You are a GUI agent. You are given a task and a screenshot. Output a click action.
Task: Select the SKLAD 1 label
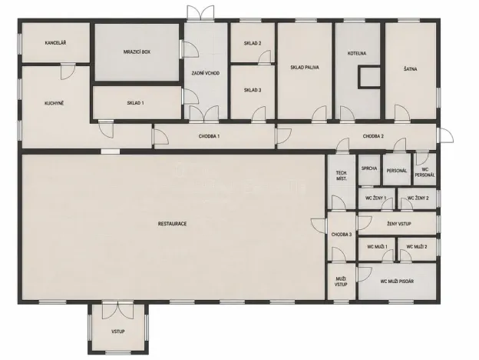pos(135,102)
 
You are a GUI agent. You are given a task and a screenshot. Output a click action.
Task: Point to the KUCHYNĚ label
pos(54,102)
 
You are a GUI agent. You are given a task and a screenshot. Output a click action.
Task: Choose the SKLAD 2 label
pos(253,43)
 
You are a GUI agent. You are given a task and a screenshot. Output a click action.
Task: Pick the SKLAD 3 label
pos(253,90)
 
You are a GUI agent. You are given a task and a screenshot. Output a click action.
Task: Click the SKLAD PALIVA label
pos(305,68)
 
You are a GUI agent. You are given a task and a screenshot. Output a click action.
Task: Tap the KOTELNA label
pos(357,53)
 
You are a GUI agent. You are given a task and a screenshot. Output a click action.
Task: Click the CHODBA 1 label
pos(208,136)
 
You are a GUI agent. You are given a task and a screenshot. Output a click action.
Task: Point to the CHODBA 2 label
pos(373,136)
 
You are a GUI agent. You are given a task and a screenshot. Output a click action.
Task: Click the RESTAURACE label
pos(173,223)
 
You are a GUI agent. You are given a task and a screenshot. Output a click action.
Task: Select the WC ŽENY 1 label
pos(375,198)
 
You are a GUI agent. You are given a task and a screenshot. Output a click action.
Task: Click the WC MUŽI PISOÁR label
pos(397,282)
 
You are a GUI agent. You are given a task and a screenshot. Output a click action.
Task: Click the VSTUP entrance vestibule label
pos(119,331)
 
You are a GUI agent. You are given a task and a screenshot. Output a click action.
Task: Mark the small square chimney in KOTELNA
pos(369,78)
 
